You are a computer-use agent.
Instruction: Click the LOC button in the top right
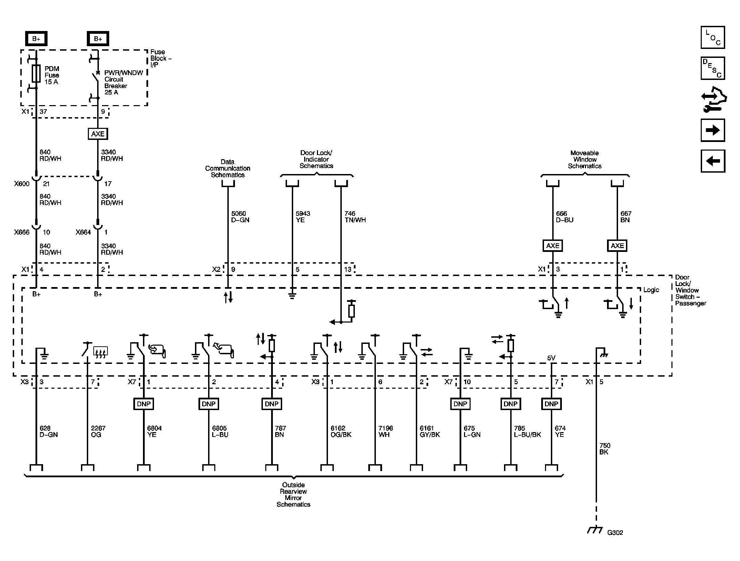click(x=713, y=38)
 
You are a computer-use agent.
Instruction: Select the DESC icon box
click(x=713, y=68)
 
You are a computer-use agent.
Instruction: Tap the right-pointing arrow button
click(x=713, y=130)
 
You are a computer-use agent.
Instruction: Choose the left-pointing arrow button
click(x=713, y=161)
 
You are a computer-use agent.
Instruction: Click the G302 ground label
click(x=615, y=532)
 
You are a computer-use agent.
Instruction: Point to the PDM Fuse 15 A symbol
click(x=36, y=74)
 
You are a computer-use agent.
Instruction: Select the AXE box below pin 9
click(x=98, y=134)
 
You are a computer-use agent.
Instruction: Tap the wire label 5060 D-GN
click(x=240, y=217)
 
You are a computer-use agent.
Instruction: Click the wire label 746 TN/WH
click(x=355, y=217)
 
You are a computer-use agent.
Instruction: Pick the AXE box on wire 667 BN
click(x=617, y=246)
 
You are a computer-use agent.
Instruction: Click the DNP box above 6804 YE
click(x=144, y=404)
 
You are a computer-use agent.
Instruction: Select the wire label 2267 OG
click(x=98, y=431)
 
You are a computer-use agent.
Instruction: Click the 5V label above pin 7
click(x=551, y=358)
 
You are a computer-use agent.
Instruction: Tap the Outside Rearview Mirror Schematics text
click(x=294, y=494)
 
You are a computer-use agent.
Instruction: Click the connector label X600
click(x=22, y=184)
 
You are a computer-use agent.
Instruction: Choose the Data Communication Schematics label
click(x=228, y=168)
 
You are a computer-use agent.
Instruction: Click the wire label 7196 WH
click(x=386, y=431)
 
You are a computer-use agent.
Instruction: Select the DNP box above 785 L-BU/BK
click(x=511, y=404)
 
